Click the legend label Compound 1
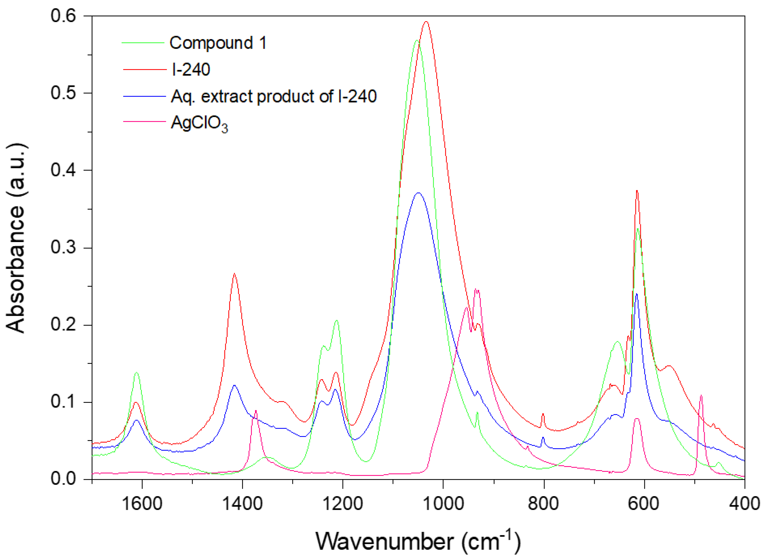pyautogui.click(x=218, y=43)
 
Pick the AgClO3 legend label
pyautogui.click(x=199, y=123)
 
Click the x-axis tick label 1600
pyautogui.click(x=142, y=503)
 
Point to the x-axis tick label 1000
pyautogui.click(x=443, y=503)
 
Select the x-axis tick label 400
pyautogui.click(x=744, y=503)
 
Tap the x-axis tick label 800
pyautogui.click(x=543, y=503)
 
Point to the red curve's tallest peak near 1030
pyautogui.click(x=426, y=22)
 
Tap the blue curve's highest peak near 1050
pyautogui.click(x=418, y=193)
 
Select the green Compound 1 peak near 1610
pyautogui.click(x=137, y=372)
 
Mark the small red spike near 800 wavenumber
pyautogui.click(x=543, y=414)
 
